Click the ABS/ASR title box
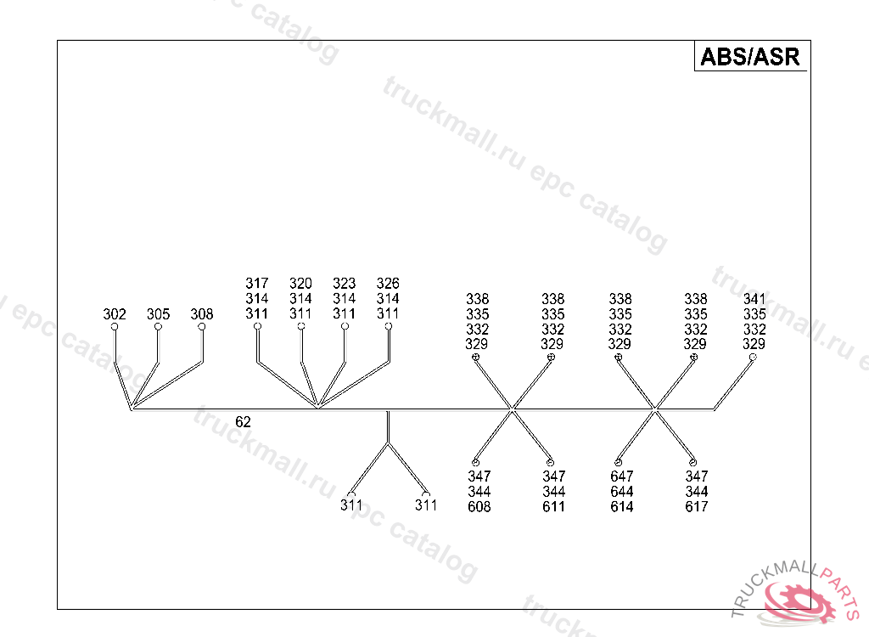point(750,56)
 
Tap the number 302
point(115,314)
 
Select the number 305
point(158,314)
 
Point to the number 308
point(202,314)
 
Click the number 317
point(257,284)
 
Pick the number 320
point(300,284)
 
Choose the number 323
point(344,284)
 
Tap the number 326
point(388,284)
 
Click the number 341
point(754,299)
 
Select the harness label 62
point(243,421)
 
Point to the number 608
point(479,507)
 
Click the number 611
point(554,507)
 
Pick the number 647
point(622,476)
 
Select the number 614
point(622,507)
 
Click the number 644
point(622,492)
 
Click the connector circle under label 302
point(115,326)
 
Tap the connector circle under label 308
point(202,326)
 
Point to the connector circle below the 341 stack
point(753,358)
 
